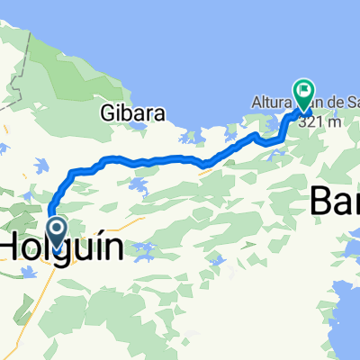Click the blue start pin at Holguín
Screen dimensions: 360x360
click(x=56, y=230)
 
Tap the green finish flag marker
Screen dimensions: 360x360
click(x=301, y=90)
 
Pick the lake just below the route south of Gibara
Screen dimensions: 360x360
click(x=138, y=186)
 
